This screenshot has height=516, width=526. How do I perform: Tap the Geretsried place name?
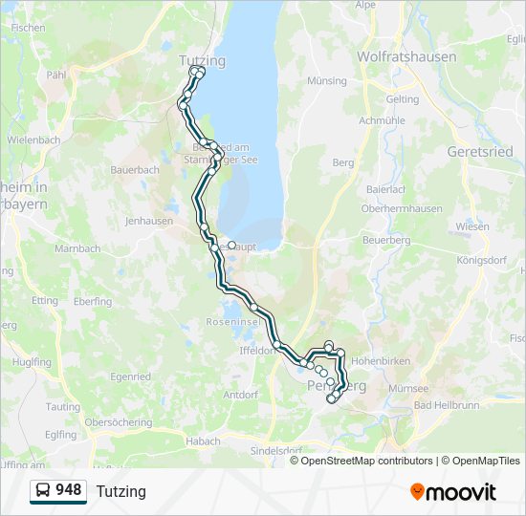coord(479,152)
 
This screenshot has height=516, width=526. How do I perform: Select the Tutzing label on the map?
coord(202,61)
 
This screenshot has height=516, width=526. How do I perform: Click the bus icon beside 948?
coord(42,491)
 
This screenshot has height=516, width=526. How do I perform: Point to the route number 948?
coord(68,490)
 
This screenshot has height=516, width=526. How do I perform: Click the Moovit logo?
coord(453,492)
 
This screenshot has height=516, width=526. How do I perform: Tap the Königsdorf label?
coord(482,259)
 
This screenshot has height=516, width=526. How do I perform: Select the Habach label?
coord(203,441)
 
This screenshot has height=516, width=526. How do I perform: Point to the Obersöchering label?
coord(119,422)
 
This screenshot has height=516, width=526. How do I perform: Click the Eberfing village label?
coord(92,302)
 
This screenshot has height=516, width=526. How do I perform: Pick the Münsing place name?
coord(327,81)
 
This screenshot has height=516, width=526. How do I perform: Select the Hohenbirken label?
coord(381,362)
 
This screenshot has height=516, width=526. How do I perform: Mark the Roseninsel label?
coord(228,323)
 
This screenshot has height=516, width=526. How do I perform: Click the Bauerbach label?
coord(135,170)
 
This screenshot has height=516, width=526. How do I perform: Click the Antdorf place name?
coord(241,395)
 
